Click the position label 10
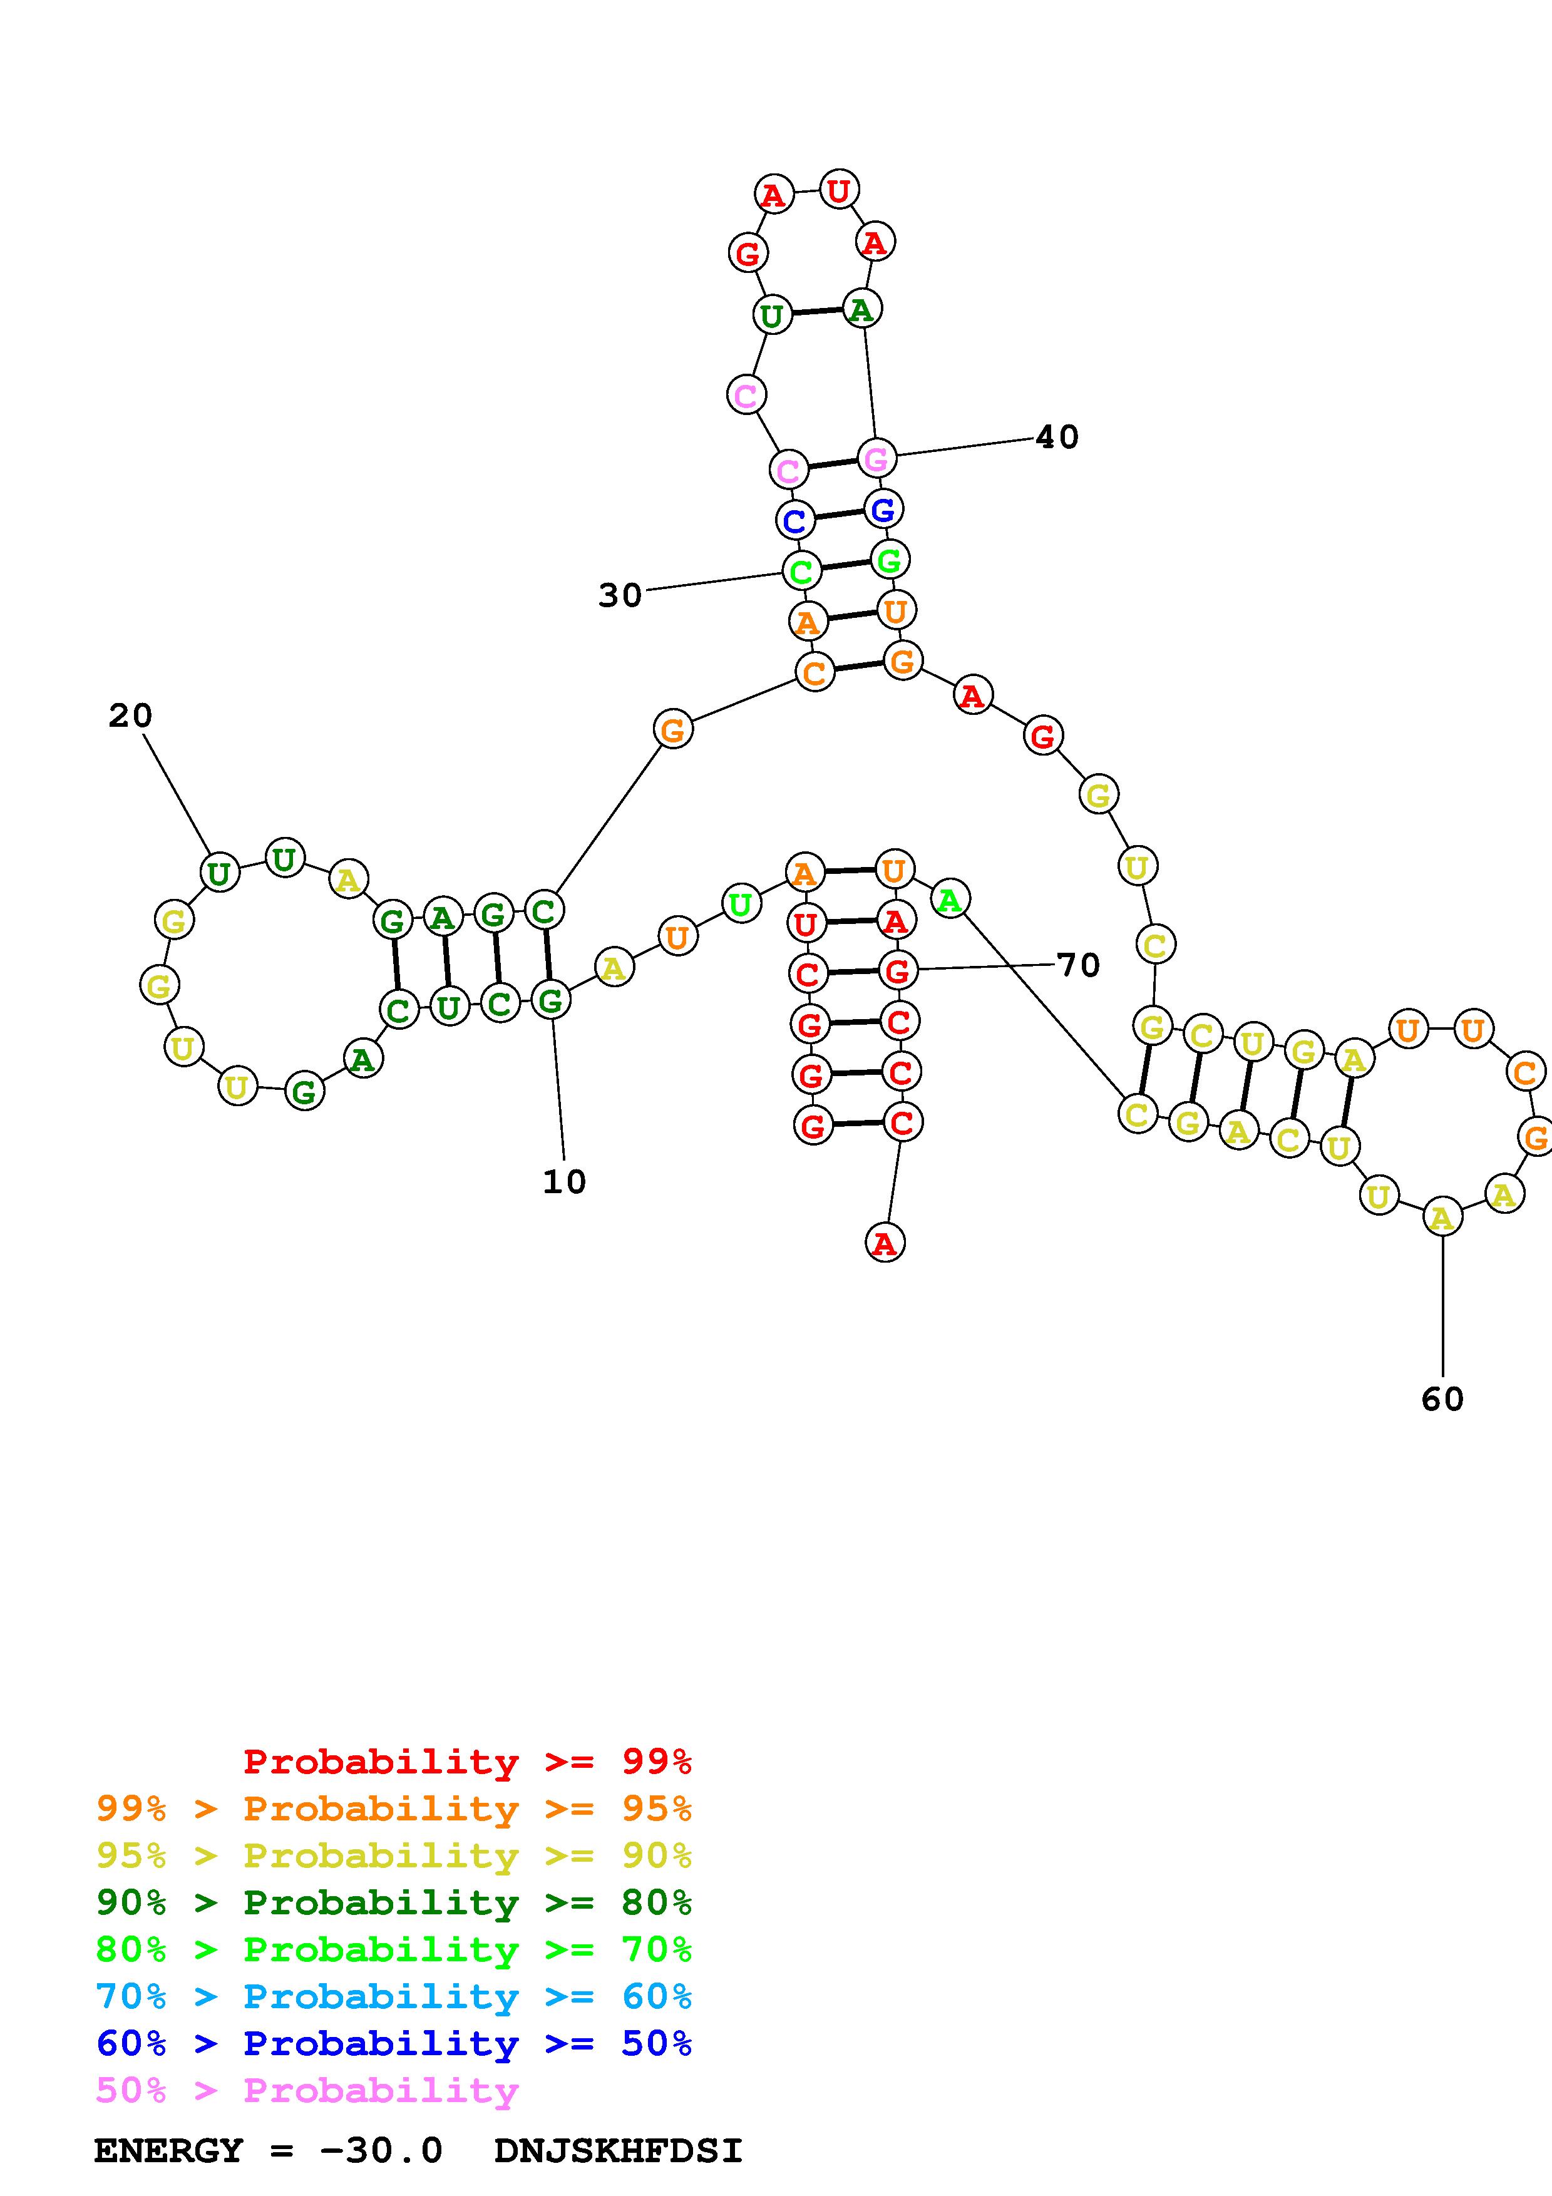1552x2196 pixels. click(x=563, y=1182)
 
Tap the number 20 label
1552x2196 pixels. click(x=130, y=716)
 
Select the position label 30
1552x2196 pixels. click(x=620, y=596)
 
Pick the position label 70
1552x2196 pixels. click(x=1077, y=965)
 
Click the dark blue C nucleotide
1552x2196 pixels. click(x=794, y=521)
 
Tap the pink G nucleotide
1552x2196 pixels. click(x=876, y=459)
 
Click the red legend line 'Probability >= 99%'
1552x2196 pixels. click(x=468, y=1762)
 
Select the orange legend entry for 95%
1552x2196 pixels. click(x=394, y=1809)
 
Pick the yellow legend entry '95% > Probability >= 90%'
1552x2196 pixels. click(x=394, y=1855)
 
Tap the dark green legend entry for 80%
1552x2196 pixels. click(x=394, y=1902)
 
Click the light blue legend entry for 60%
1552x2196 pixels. click(x=394, y=1996)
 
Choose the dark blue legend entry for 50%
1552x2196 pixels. click(x=394, y=2043)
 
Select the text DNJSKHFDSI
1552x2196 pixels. click(x=618, y=2151)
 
